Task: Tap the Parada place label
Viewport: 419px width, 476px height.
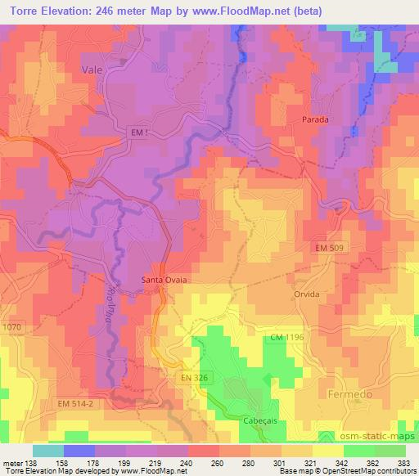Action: tap(315, 119)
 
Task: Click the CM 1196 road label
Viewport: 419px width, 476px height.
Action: tap(288, 338)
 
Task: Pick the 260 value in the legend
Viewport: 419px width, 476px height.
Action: tap(215, 462)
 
